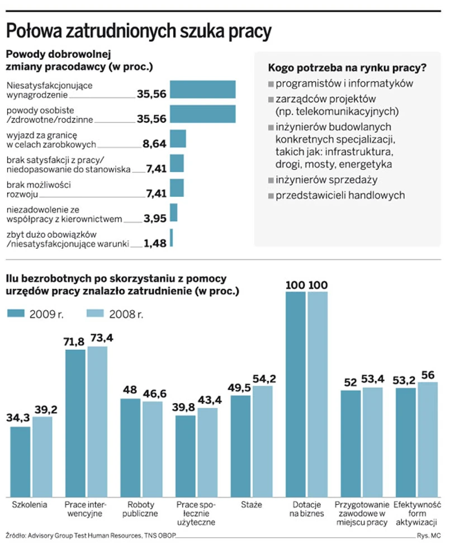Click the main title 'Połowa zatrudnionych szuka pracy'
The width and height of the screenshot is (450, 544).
tap(138, 31)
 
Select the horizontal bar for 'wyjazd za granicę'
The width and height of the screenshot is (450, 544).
tap(177, 138)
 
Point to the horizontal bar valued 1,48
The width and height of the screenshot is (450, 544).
tap(172, 238)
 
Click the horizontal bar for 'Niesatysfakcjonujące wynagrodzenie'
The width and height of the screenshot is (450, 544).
tap(202, 89)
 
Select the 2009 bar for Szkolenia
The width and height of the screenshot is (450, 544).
tap(20, 462)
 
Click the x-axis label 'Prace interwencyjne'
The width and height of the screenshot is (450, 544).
tap(83, 509)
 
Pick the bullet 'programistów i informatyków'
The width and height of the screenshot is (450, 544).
tap(344, 84)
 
